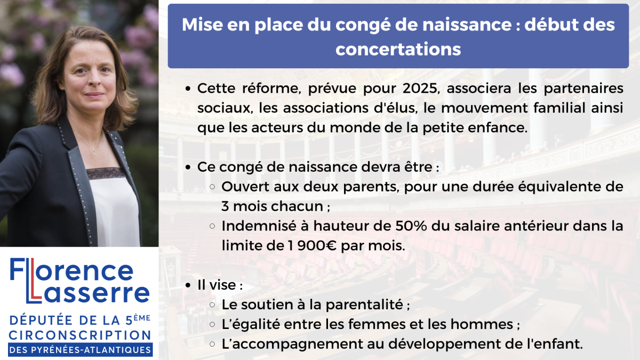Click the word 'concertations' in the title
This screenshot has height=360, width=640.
tap(398, 49)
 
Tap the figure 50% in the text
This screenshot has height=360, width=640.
tap(411, 226)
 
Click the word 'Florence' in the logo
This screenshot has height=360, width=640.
tap(71, 270)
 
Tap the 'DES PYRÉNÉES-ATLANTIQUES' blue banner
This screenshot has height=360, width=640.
tap(81, 350)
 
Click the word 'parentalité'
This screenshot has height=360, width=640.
tap(364, 305)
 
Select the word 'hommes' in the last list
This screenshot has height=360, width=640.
tap(482, 324)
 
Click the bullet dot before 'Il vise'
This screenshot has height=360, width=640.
tap(188, 285)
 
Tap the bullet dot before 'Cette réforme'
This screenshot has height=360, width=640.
tap(188, 89)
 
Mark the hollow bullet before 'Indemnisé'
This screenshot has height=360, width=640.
tap(212, 226)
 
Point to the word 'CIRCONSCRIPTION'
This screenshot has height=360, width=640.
tap(81, 335)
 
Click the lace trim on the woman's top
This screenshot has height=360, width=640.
tap(105, 173)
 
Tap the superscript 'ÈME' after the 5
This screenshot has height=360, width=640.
tap(142, 318)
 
